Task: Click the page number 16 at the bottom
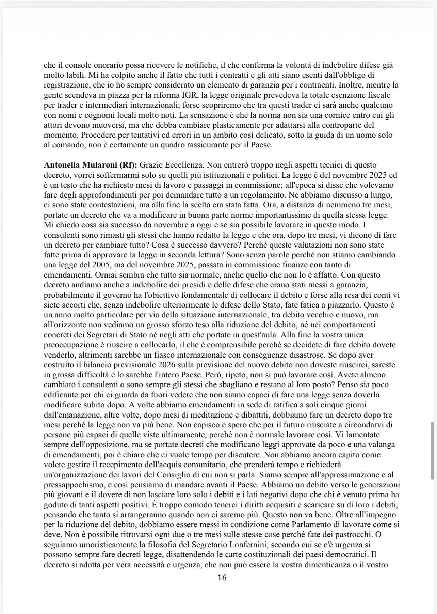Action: click(222, 578)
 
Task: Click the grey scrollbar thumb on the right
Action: click(432, 450)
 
